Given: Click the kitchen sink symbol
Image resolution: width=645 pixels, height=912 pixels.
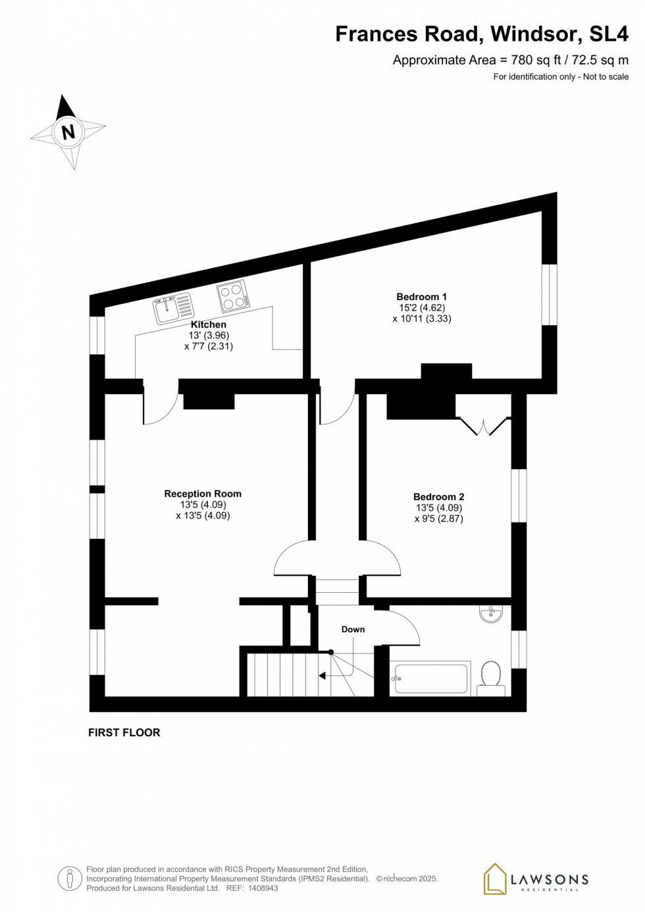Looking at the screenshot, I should (174, 308).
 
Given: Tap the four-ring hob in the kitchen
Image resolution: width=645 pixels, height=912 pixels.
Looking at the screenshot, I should (234, 295).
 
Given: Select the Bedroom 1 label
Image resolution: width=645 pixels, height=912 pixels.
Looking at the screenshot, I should (421, 297).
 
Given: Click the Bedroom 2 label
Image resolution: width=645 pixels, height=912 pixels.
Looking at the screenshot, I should (439, 497).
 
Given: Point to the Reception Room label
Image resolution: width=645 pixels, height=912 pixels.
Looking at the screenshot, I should (203, 494).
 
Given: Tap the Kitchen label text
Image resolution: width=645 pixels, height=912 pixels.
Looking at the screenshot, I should (209, 324).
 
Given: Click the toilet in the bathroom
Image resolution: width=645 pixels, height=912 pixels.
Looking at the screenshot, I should (491, 676).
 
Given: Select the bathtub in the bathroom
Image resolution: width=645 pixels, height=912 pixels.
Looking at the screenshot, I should (430, 678).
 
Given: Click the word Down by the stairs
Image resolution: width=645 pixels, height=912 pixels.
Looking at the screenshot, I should (353, 630).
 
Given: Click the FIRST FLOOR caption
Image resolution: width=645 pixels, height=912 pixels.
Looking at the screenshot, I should (124, 732).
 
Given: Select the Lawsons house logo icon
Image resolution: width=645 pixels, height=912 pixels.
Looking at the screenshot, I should (495, 878).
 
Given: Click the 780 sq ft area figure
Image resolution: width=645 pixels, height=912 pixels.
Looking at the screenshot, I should (531, 60).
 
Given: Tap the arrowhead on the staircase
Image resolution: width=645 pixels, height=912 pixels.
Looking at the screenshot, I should (322, 675).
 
